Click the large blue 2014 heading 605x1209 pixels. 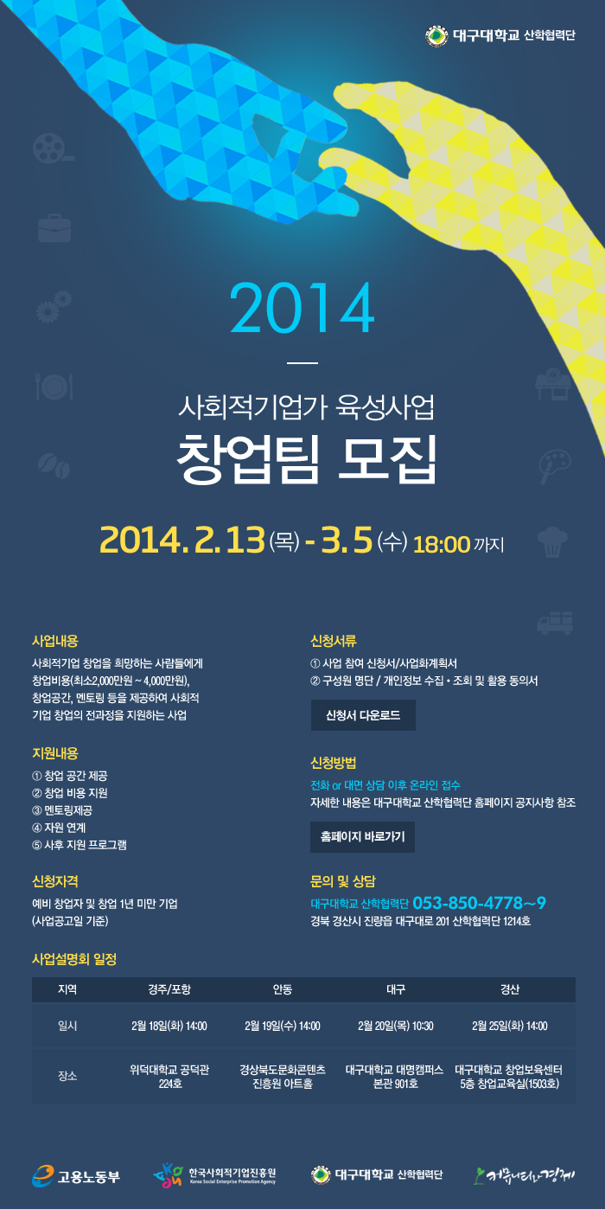302,308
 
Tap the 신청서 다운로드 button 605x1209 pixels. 363,715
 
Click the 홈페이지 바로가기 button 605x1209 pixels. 362,836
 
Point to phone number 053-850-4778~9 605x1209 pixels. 480,903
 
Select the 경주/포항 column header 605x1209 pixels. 169,989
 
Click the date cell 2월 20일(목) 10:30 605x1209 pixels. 396,1026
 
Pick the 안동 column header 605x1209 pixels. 283,989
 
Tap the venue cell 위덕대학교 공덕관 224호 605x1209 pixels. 169,1076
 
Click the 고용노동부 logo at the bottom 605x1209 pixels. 76,1176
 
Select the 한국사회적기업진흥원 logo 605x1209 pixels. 214,1175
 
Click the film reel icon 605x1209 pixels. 53,149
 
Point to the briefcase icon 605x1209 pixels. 54,227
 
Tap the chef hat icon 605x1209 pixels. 552,542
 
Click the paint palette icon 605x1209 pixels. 554,466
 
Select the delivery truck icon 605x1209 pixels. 555,623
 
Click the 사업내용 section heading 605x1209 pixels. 55,641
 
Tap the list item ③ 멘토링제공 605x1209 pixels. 62,810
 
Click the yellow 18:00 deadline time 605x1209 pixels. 442,544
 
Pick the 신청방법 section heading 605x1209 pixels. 334,763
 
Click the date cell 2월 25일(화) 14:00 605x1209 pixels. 510,1026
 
